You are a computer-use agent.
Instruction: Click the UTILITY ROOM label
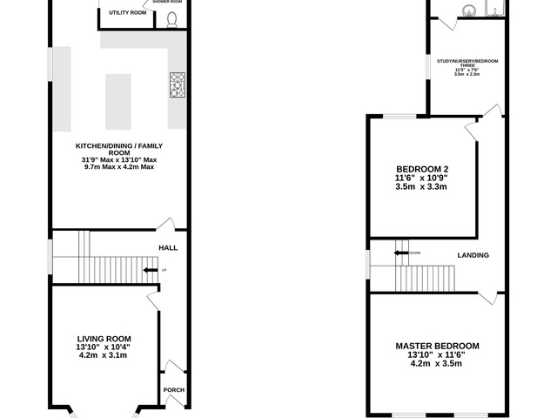127,13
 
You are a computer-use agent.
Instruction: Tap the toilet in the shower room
171,19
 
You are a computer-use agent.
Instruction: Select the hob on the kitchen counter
177,84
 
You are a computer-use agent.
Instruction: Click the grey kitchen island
118,101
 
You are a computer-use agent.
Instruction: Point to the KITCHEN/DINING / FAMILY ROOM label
119,149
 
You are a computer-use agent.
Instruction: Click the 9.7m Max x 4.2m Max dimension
119,167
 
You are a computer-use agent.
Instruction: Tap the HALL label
168,248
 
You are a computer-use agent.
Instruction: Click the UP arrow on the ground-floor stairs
151,270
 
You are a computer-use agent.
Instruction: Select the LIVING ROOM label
104,339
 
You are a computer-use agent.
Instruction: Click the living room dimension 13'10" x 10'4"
104,347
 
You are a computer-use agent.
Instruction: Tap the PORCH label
173,389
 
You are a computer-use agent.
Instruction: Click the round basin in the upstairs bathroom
468,11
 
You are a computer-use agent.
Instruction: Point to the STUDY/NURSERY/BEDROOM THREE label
467,61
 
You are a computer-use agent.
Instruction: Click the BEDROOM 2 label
422,169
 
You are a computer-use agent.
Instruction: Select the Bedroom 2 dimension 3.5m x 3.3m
422,186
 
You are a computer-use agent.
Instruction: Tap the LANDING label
473,255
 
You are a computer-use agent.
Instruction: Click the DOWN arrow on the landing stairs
401,253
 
